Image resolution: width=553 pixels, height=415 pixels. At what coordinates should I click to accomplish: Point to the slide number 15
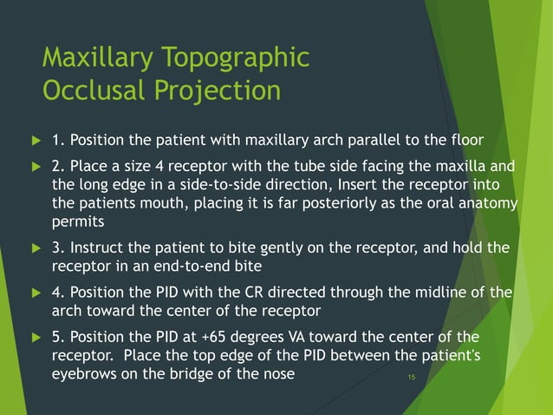[412, 378]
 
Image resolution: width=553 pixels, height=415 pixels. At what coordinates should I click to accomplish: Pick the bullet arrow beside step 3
[36, 249]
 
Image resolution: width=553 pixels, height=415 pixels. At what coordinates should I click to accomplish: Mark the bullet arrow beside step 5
[36, 336]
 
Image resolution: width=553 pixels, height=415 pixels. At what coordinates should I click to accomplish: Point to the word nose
[276, 374]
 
